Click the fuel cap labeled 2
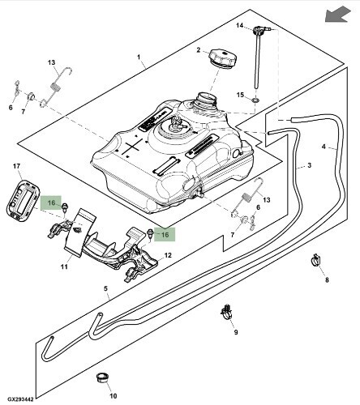222,58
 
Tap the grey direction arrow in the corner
337,14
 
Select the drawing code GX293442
20,399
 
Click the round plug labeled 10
103,377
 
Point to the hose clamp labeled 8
315,259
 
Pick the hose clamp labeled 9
228,312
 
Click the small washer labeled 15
255,100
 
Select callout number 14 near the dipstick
239,25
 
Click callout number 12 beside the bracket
168,255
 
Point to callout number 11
64,266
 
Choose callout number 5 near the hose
105,288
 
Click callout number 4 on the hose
324,147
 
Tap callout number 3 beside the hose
310,165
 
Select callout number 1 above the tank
139,58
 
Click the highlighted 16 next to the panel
51,202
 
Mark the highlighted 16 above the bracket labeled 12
165,234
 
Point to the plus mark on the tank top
132,147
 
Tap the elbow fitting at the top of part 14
261,29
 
